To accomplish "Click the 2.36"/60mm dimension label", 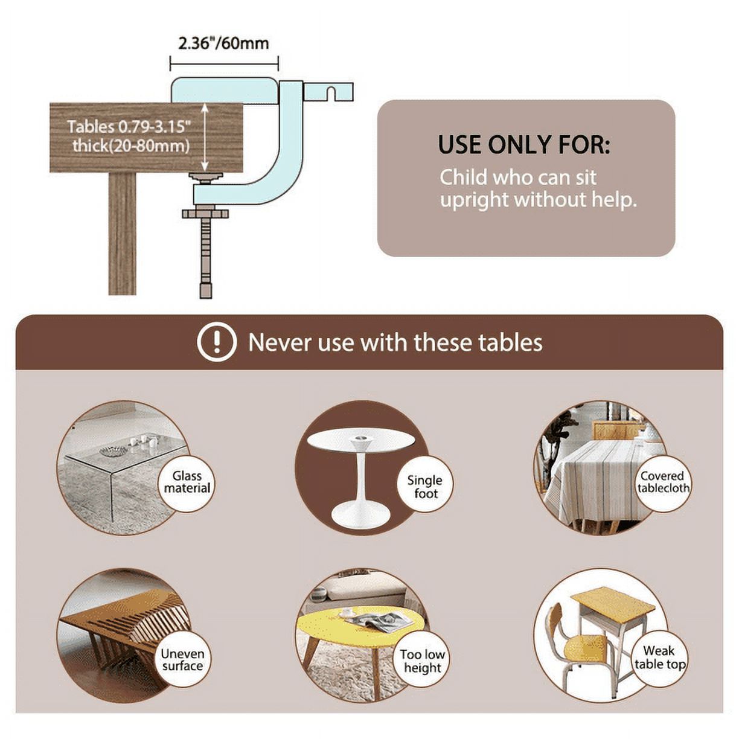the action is (x=223, y=43).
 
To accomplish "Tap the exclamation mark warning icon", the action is (x=217, y=342).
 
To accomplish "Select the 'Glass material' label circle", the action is (x=187, y=483).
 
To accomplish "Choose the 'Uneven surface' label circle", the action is (x=182, y=660).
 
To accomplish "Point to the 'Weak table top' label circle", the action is (x=660, y=659).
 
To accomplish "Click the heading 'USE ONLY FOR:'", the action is (x=523, y=145).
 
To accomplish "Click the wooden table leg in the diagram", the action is (x=123, y=233).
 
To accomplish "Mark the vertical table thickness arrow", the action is (x=205, y=137).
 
